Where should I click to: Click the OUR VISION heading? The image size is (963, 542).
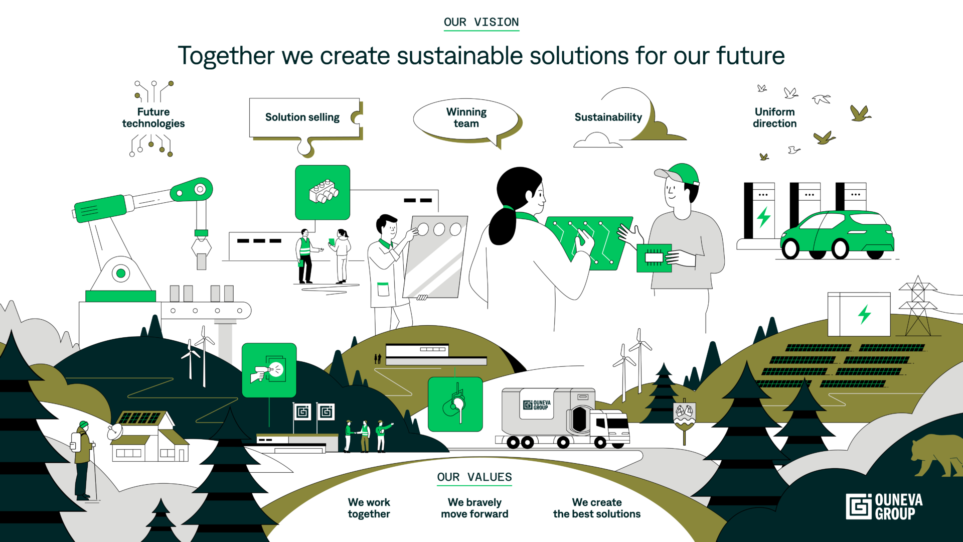click(481, 22)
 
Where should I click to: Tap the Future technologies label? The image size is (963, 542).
click(153, 117)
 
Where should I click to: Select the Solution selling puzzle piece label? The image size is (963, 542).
click(302, 117)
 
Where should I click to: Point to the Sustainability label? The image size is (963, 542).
click(608, 117)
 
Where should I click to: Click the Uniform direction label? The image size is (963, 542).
click(775, 117)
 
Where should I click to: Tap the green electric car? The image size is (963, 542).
click(837, 234)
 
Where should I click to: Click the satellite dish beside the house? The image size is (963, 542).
click(115, 431)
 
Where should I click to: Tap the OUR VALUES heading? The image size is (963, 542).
click(474, 477)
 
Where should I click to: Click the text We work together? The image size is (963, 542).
click(369, 508)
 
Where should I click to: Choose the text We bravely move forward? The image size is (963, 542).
click(474, 508)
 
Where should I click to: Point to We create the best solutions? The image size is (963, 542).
click(597, 508)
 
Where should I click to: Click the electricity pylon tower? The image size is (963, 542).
click(918, 306)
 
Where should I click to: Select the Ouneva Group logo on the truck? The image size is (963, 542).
click(537, 405)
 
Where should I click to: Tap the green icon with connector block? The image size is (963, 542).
click(323, 193)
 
